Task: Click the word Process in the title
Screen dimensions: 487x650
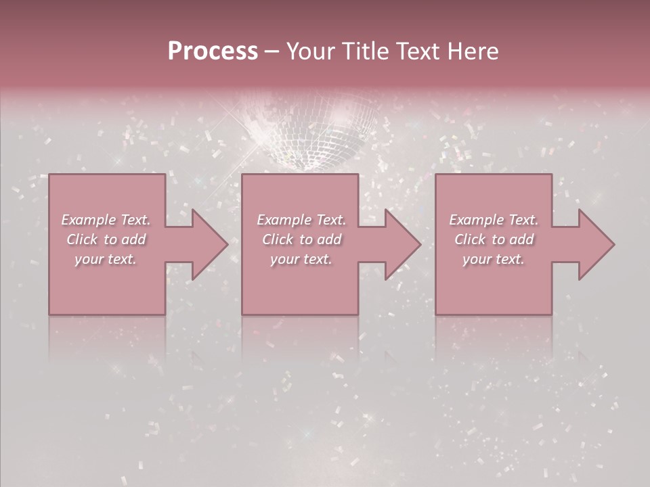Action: [213, 51]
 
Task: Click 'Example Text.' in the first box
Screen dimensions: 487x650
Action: [106, 220]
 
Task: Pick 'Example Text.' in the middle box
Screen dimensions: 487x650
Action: [301, 220]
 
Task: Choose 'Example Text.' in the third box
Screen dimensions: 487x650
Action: [494, 220]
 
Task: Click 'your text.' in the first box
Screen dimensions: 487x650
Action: [106, 259]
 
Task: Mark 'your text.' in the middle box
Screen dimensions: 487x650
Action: [301, 259]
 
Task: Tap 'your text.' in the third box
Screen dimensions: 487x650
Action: [494, 259]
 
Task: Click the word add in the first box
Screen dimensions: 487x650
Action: [133, 239]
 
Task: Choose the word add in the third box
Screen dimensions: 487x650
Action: [521, 239]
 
